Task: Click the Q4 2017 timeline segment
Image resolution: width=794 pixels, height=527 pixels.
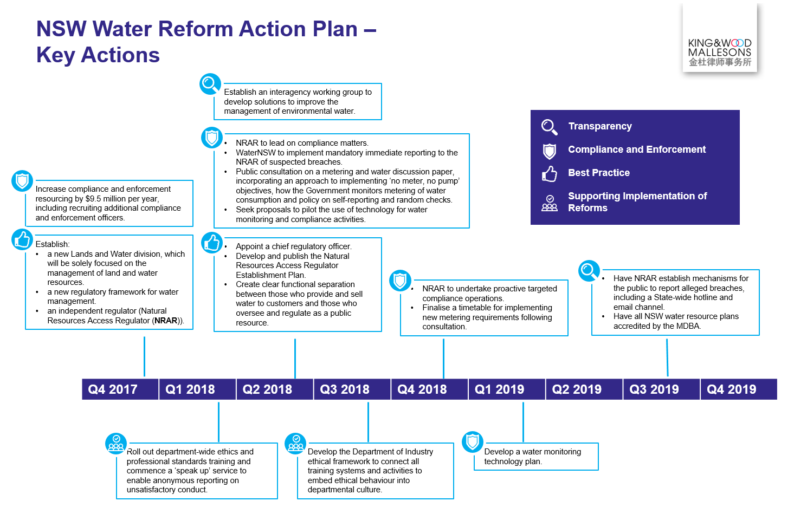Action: click(120, 389)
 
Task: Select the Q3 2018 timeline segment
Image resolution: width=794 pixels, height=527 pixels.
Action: click(352, 389)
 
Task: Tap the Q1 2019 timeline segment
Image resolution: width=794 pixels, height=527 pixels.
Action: click(507, 389)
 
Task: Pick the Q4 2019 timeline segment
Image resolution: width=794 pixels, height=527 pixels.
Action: click(739, 389)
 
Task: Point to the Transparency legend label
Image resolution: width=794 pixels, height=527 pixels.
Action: click(600, 126)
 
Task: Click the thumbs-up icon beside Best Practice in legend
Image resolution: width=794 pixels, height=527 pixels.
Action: click(550, 173)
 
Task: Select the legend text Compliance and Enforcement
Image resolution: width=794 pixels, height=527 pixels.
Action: click(637, 149)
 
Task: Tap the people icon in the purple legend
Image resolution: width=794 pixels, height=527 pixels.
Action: click(550, 203)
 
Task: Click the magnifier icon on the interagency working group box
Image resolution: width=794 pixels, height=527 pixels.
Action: click(210, 84)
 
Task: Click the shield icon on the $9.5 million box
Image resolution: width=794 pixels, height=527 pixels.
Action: click(22, 180)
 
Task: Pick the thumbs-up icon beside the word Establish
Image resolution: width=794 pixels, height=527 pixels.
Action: click(22, 239)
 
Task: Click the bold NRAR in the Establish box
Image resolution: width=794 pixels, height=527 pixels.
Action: click(166, 321)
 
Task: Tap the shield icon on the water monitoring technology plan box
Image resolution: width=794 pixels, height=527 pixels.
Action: click(473, 441)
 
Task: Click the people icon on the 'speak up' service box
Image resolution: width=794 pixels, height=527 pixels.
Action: click(116, 444)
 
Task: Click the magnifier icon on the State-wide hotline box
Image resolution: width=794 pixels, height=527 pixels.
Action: click(589, 271)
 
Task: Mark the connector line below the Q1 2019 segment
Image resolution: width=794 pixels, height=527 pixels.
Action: click(523, 422)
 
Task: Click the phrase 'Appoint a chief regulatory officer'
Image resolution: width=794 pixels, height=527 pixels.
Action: click(294, 246)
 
